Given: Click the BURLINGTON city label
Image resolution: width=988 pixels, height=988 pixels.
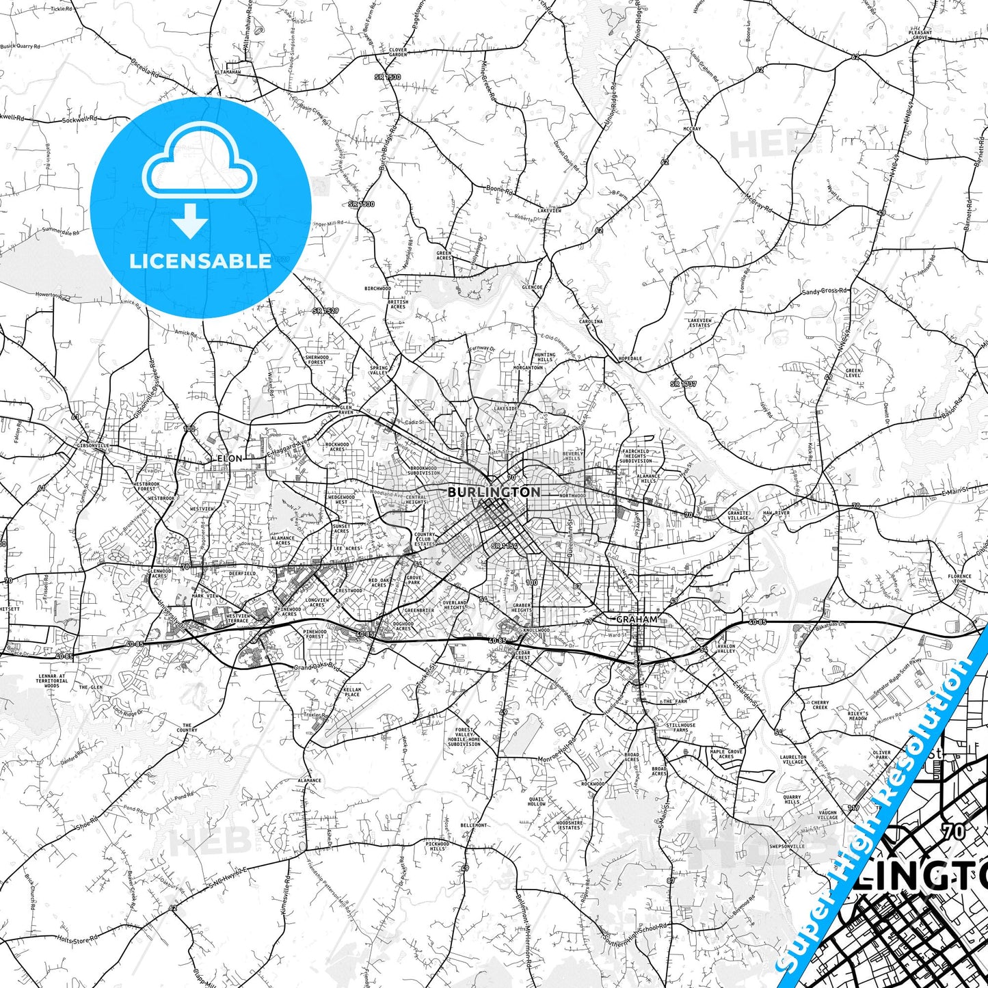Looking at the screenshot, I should (494, 492).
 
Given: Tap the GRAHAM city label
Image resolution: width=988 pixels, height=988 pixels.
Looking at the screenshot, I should (637, 619).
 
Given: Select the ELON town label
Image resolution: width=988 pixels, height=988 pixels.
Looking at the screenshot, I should (229, 458).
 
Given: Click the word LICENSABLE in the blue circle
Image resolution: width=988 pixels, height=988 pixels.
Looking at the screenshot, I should (200, 261).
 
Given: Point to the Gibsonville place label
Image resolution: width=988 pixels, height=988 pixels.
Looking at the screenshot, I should (93, 445).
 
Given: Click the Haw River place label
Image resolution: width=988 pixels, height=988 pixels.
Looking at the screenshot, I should (776, 513).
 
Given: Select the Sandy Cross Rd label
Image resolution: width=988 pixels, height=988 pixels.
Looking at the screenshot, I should (824, 291).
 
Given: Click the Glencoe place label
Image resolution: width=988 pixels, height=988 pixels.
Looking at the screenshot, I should (532, 288).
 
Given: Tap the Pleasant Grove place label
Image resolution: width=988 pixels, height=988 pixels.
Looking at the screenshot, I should (920, 35).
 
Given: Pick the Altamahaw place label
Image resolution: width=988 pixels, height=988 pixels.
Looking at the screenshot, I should (228, 72).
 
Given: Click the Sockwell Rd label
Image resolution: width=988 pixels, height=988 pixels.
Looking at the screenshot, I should (79, 120).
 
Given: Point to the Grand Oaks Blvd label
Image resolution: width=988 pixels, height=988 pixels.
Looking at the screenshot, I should (316, 666).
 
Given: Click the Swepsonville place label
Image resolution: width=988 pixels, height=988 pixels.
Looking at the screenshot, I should (787, 846).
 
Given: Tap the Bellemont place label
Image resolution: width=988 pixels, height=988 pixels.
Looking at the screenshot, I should (474, 825).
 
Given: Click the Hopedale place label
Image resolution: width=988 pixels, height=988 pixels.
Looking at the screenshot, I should (630, 359).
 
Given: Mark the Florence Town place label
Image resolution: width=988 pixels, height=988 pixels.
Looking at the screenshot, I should (959, 579).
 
